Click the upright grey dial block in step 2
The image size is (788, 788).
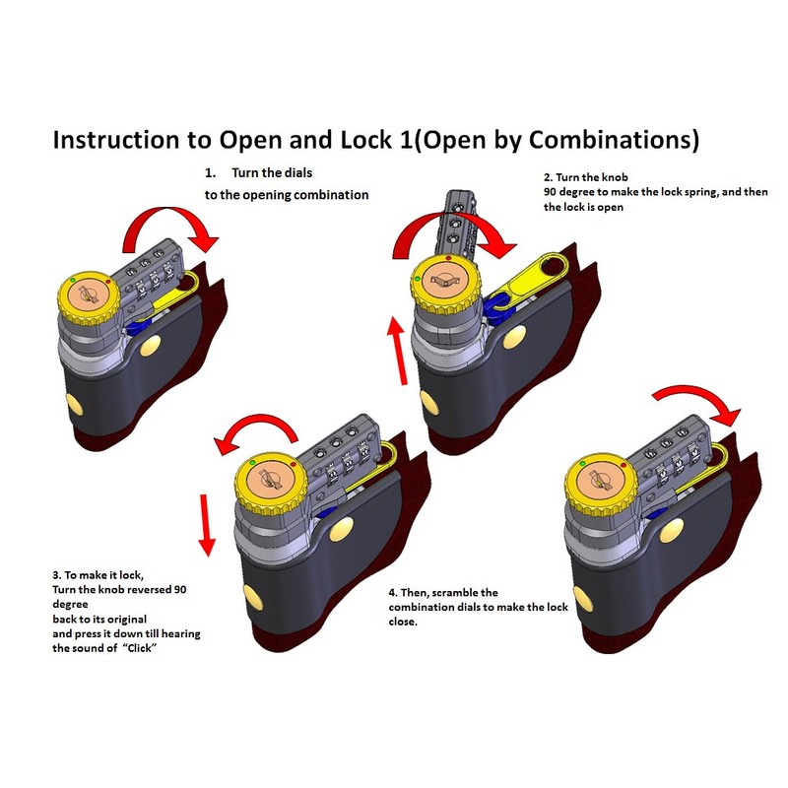458,223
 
